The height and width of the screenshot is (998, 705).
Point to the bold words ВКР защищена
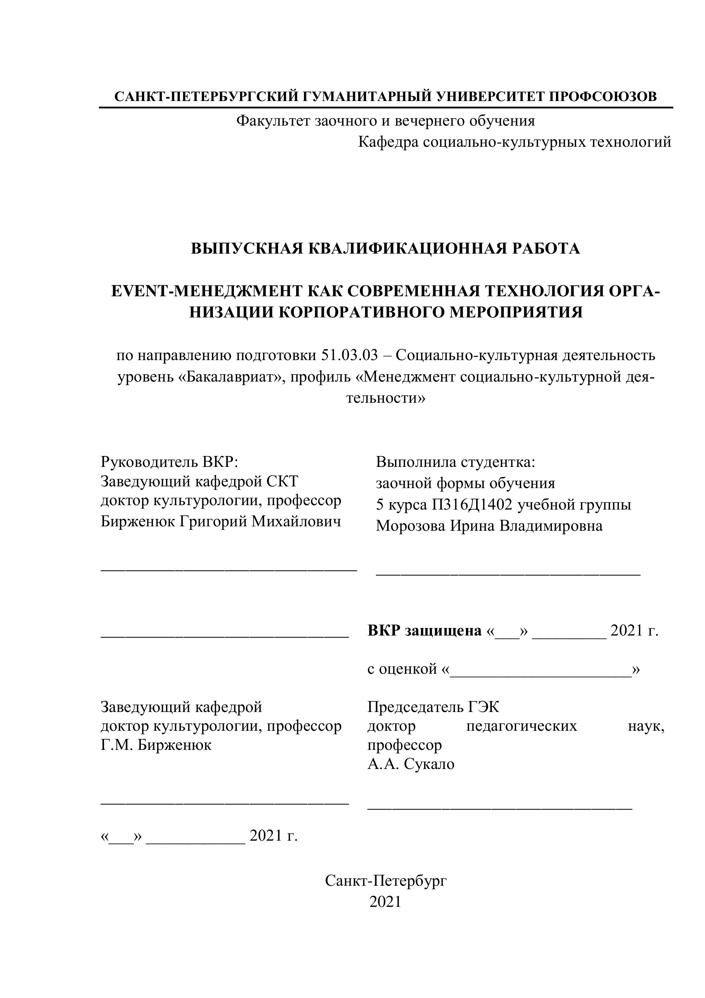[424, 630]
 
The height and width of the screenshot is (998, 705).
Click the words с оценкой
[402, 669]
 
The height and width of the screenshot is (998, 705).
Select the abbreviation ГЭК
[484, 707]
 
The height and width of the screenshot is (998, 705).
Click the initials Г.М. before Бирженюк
[117, 745]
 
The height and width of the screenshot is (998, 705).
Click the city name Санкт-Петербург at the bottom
[386, 881]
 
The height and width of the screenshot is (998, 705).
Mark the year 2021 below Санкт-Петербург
[385, 902]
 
